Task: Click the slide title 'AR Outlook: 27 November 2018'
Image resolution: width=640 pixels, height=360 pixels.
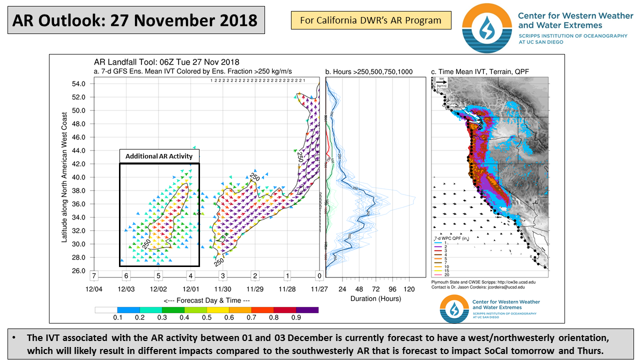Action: (x=135, y=20)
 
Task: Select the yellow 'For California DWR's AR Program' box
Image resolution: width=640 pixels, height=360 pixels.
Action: (x=370, y=20)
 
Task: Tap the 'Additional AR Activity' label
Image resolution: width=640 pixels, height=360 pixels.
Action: (x=159, y=156)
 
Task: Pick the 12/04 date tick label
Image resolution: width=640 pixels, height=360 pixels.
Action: (x=94, y=289)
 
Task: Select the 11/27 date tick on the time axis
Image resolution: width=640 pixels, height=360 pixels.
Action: (x=318, y=289)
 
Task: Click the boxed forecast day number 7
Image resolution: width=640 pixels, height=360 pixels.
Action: (x=94, y=275)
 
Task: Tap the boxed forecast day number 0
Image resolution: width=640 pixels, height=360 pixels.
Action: (x=318, y=275)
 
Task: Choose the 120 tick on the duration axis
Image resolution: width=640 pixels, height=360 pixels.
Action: (x=409, y=289)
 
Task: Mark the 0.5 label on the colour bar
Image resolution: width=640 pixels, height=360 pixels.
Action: (x=206, y=317)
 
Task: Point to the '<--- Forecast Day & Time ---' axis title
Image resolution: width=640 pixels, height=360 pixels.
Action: (x=206, y=300)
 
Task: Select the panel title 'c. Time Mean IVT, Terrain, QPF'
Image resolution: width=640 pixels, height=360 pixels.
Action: (x=480, y=72)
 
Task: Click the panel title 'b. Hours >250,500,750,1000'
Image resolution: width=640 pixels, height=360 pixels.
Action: (x=369, y=72)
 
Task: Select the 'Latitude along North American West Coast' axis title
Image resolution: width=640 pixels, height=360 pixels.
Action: (x=64, y=177)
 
